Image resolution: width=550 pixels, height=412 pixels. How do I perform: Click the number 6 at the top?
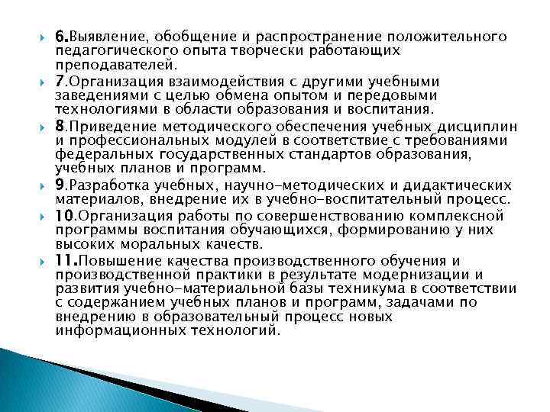coord(60,36)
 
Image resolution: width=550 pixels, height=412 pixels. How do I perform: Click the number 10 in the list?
coord(63,214)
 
